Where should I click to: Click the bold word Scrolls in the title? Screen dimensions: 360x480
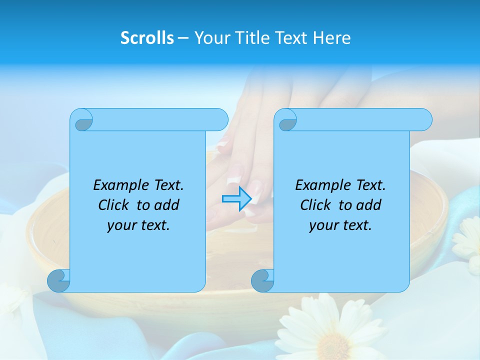[147, 38]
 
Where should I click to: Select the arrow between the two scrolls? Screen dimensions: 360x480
[236, 198]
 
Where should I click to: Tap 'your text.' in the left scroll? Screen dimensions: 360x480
[138, 225]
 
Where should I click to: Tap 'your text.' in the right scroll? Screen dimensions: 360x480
[340, 225]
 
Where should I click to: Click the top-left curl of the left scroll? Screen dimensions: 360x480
[82, 120]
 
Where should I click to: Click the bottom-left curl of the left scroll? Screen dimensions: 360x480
[59, 280]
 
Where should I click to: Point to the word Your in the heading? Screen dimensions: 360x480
[210, 38]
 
